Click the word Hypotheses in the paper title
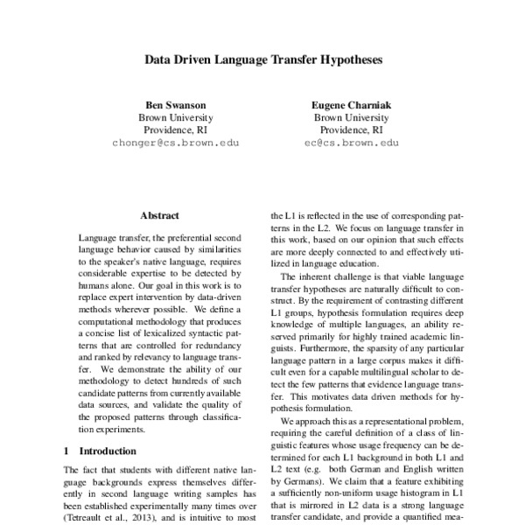tap(346, 62)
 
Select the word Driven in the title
tap(202, 62)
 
